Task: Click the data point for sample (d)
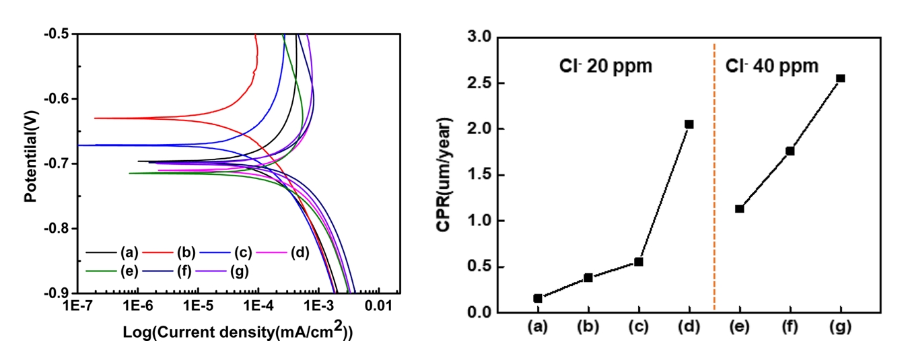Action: (689, 124)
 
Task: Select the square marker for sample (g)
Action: (841, 78)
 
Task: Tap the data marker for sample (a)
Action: (538, 298)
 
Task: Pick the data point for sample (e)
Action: (739, 209)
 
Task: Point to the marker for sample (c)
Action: (639, 262)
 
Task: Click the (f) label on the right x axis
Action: (790, 328)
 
